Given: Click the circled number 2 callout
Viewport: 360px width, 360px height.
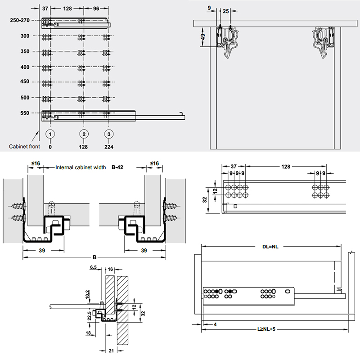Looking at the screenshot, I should (84, 134).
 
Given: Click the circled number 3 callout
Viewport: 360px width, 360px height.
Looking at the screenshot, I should (108, 134).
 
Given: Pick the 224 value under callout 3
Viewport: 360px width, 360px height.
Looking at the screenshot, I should (108, 147).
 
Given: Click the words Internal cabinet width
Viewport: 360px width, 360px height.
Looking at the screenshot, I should (81, 167).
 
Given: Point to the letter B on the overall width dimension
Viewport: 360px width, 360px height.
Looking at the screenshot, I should (94, 257).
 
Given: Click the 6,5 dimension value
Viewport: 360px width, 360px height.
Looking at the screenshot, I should (93, 267).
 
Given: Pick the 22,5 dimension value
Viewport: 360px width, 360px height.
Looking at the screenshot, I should (90, 317).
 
